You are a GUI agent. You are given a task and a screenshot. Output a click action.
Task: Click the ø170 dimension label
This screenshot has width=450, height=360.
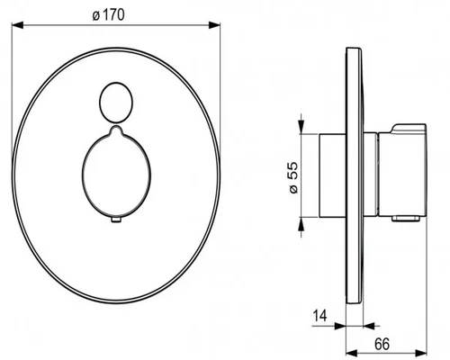click(x=108, y=15)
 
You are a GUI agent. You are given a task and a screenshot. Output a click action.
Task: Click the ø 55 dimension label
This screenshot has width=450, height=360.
click(x=294, y=178)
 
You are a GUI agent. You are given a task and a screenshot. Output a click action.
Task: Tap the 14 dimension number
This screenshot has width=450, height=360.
click(x=319, y=316)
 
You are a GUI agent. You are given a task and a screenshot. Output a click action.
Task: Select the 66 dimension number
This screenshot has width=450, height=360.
click(x=382, y=344)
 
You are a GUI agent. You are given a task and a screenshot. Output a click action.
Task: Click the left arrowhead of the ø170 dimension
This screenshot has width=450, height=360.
click(x=17, y=25)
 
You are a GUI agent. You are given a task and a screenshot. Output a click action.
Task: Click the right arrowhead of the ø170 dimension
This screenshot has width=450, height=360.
click(x=214, y=25)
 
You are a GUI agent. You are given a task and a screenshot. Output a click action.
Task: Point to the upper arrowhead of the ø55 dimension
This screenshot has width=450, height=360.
click(x=301, y=127)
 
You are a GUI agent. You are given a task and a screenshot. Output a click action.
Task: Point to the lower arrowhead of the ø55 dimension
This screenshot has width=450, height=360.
click(x=301, y=223)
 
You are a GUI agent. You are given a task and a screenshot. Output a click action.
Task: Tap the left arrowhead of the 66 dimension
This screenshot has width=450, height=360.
click(x=352, y=352)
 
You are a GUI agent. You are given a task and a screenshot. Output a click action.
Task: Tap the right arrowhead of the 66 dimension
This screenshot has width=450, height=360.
click(x=420, y=352)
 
